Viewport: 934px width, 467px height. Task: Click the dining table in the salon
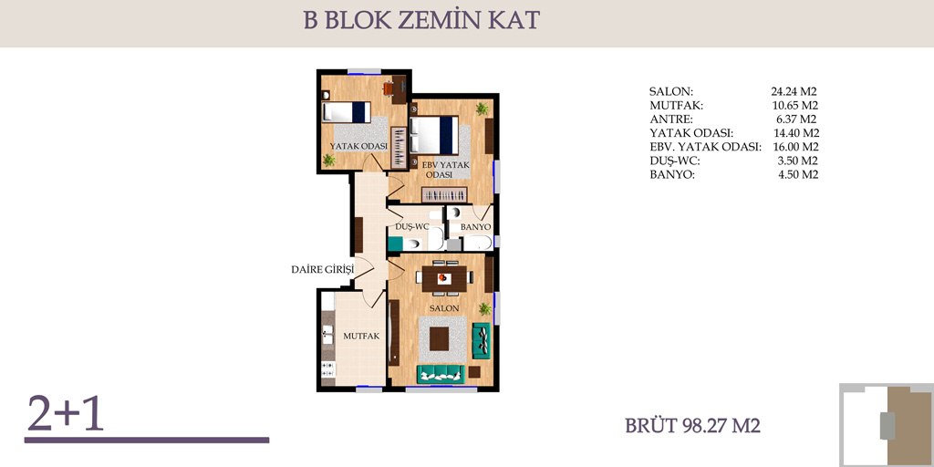[x=444, y=277]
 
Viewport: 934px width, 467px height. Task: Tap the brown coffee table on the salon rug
[x=439, y=339]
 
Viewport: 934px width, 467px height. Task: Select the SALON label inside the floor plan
[x=445, y=308]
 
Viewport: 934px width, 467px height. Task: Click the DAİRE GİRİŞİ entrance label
[x=322, y=269]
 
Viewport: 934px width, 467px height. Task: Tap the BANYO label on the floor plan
[x=475, y=227]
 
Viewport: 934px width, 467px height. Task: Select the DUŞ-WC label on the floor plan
[x=412, y=227]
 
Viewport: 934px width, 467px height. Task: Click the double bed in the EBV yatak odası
[x=434, y=135]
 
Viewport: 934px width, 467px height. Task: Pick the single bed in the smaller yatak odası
[x=346, y=112]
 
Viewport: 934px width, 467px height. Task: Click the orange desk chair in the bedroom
[x=389, y=88]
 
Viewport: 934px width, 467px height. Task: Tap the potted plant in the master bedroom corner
[x=482, y=109]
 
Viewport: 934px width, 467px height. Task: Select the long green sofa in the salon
[x=441, y=374]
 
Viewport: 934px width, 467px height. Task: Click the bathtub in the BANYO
[x=478, y=243]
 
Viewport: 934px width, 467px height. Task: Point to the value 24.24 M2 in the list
[x=794, y=92]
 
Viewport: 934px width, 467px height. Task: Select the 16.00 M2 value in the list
[x=794, y=147]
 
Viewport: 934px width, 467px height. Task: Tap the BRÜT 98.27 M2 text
[x=693, y=427]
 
